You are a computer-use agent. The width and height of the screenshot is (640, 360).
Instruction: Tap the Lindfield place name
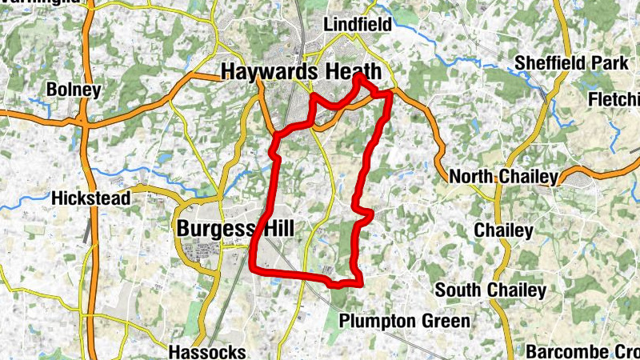click(x=358, y=25)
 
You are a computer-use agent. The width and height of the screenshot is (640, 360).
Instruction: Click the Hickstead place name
click(x=90, y=198)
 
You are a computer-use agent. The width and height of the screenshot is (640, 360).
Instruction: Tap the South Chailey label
click(x=491, y=290)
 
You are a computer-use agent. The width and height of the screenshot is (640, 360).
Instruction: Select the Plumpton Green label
click(x=405, y=321)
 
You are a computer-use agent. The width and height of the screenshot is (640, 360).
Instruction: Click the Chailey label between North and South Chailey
click(x=503, y=230)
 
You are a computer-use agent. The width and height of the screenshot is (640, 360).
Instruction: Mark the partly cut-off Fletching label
click(x=614, y=100)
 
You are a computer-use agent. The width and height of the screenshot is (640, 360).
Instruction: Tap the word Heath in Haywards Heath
click(x=353, y=71)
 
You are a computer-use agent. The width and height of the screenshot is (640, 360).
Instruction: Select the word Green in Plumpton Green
click(x=448, y=321)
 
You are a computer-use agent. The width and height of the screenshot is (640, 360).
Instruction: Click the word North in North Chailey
click(x=473, y=176)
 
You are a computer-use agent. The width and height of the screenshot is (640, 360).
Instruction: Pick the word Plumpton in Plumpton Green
click(x=380, y=321)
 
